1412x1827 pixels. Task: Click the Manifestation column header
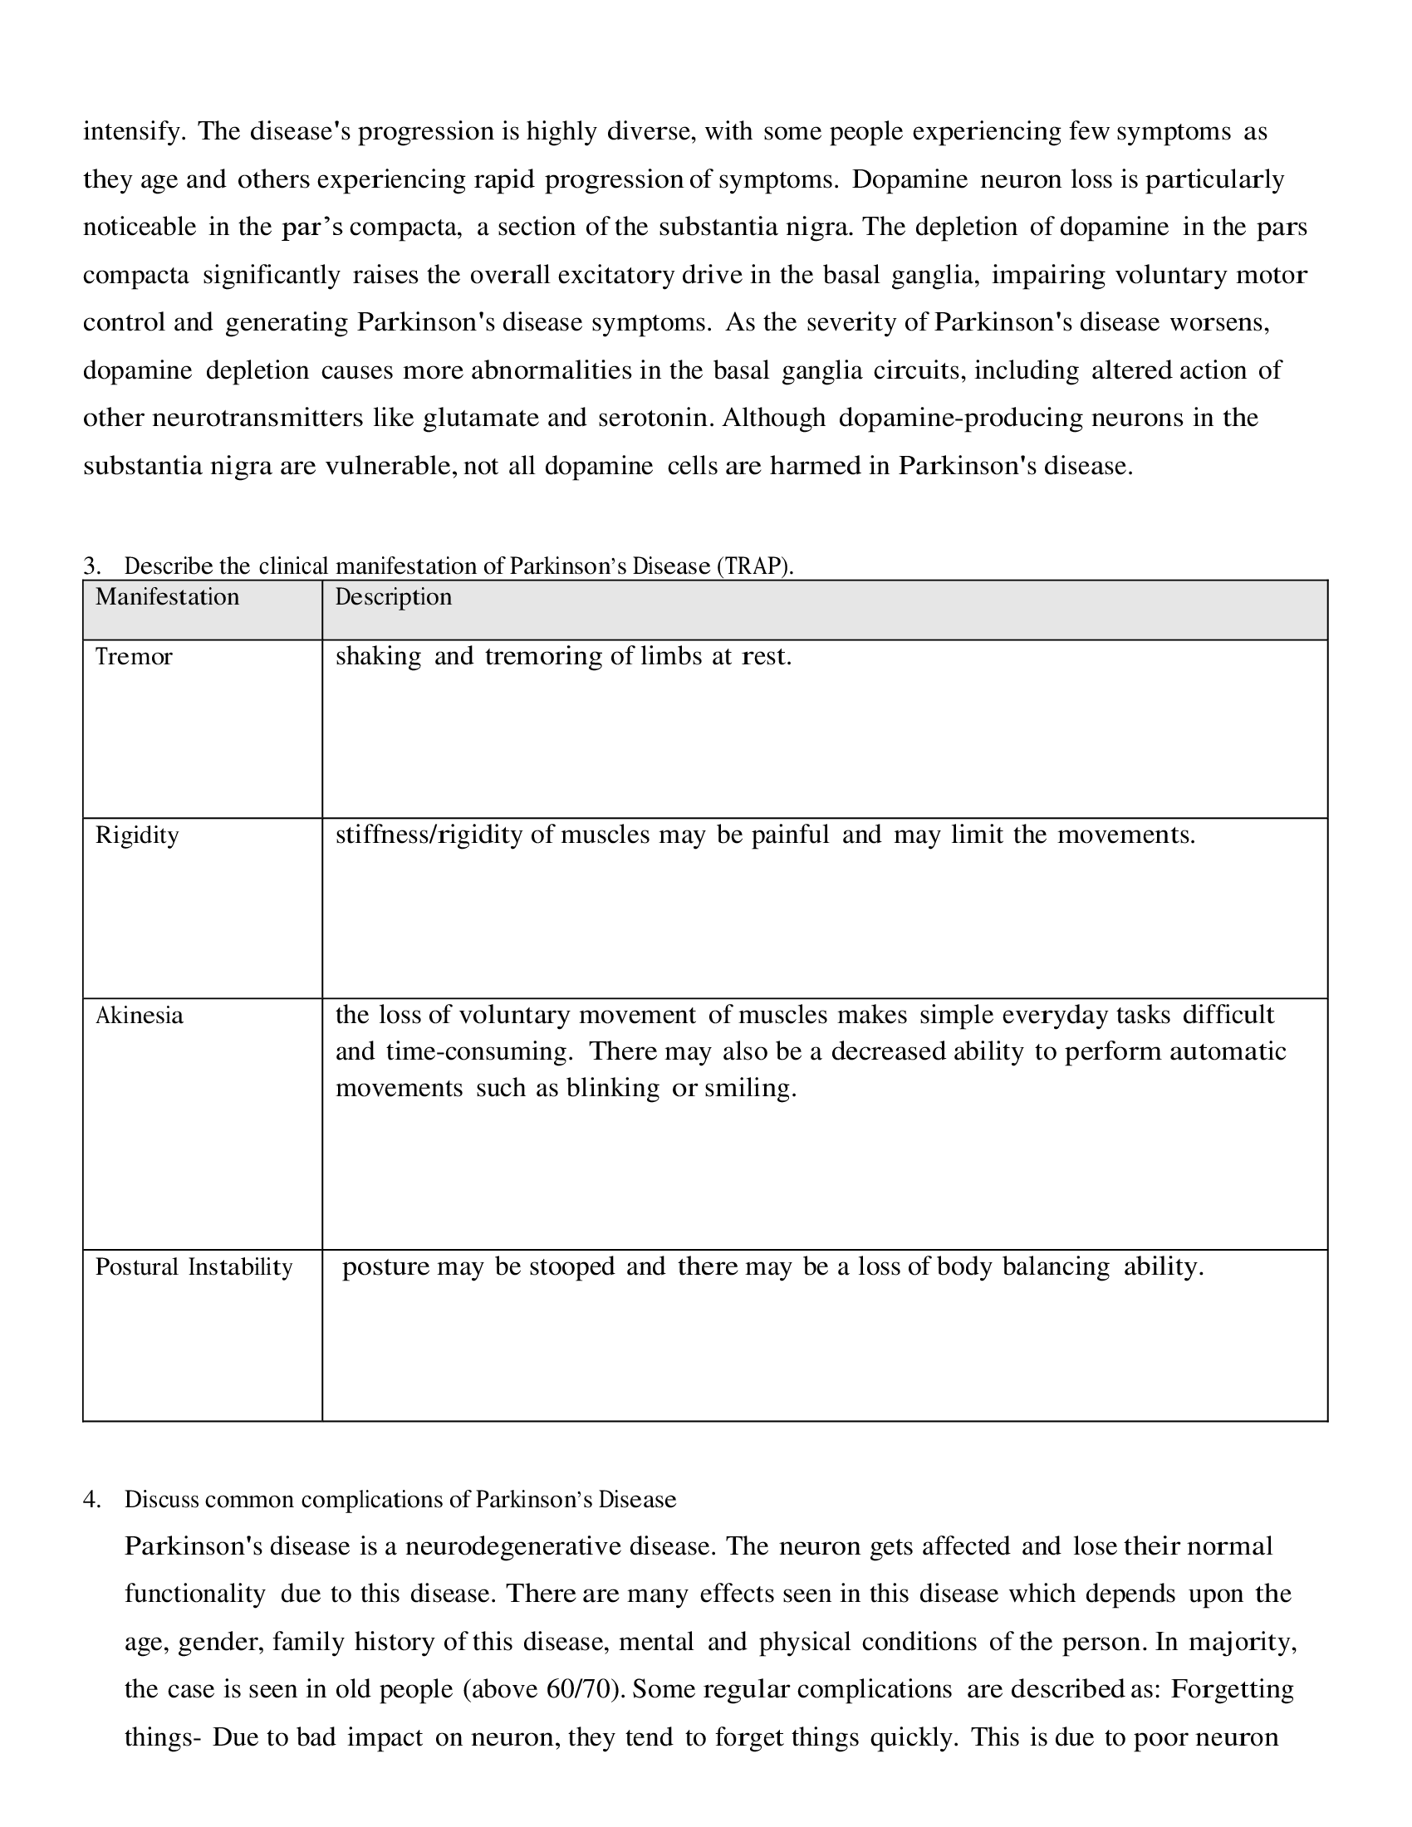click(167, 597)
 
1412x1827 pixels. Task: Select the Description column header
click(393, 597)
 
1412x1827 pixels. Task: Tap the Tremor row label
click(134, 657)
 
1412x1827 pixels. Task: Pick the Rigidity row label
click(137, 835)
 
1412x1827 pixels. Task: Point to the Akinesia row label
click(139, 1016)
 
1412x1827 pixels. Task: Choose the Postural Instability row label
click(194, 1267)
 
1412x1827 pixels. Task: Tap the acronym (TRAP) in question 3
click(754, 566)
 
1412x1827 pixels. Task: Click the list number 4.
click(92, 1500)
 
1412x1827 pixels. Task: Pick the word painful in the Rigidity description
click(791, 835)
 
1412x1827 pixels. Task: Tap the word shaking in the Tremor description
click(378, 657)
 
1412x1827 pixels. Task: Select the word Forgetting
click(1232, 1689)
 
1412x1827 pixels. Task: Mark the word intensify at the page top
click(132, 132)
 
